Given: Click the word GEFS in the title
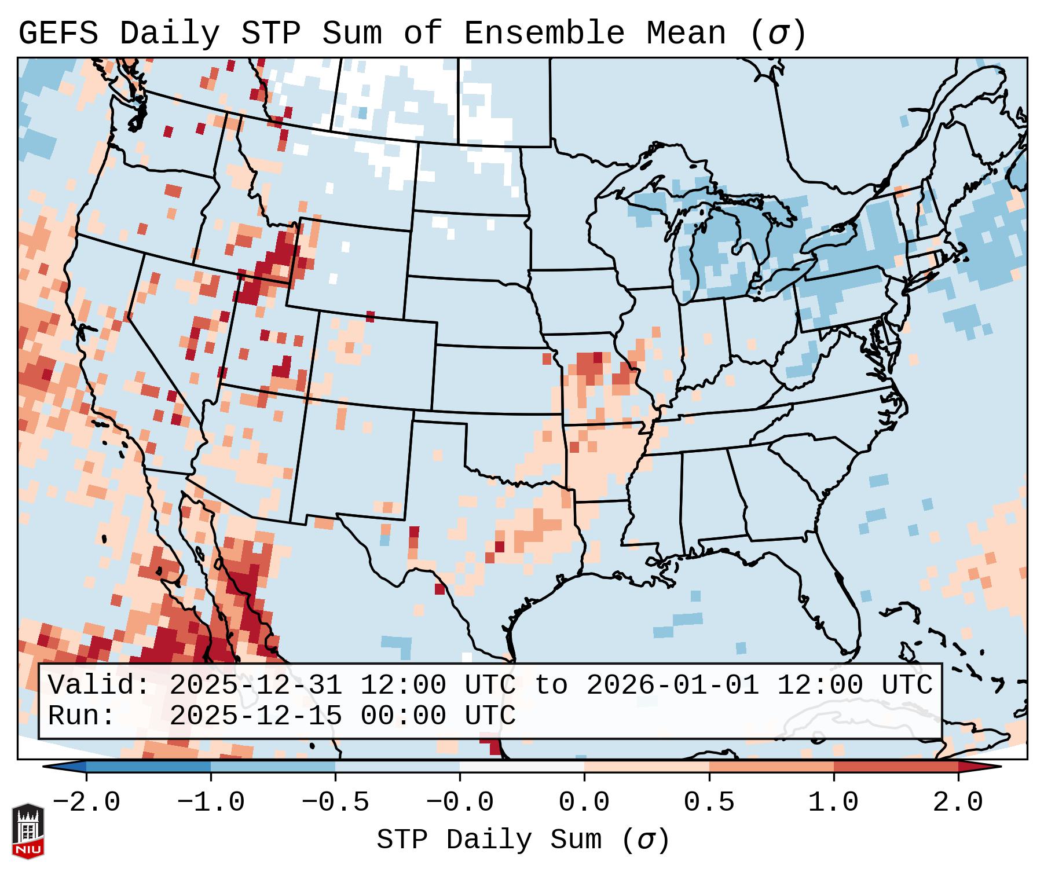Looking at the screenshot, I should pyautogui.click(x=58, y=33).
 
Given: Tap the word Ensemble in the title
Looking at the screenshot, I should pyautogui.click(x=544, y=33).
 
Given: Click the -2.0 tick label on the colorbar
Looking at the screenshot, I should pyautogui.click(x=86, y=803).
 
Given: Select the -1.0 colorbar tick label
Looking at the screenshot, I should pyautogui.click(x=211, y=803).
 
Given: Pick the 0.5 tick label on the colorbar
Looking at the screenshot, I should pyautogui.click(x=709, y=803).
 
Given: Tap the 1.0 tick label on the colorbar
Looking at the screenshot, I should pyautogui.click(x=833, y=803).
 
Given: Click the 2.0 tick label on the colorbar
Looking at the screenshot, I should pyautogui.click(x=958, y=803).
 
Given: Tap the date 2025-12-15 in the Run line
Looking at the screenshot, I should pyautogui.click(x=255, y=716).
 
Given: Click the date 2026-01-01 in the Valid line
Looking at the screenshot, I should pyautogui.click(x=672, y=685).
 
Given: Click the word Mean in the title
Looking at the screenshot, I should pyautogui.click(x=686, y=33).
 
